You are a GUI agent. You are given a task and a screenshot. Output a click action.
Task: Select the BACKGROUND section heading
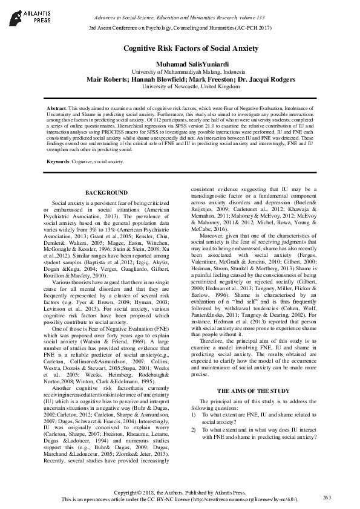point(102,192)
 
